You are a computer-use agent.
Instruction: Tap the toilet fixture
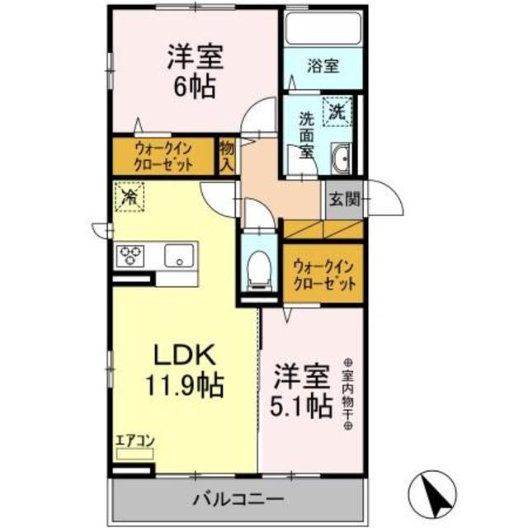(x=259, y=265)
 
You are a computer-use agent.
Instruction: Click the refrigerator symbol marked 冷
(x=129, y=196)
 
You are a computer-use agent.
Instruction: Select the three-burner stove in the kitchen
(x=131, y=256)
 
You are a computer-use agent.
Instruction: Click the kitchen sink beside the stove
(x=177, y=257)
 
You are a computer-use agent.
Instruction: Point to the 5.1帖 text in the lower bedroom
(x=303, y=405)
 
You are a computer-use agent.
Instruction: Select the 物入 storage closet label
(x=227, y=156)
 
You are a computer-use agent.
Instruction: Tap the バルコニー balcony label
(x=238, y=499)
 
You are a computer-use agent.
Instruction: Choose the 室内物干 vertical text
(x=346, y=394)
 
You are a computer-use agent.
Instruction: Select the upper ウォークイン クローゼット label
(x=163, y=156)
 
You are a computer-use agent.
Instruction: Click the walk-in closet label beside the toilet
(x=323, y=273)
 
